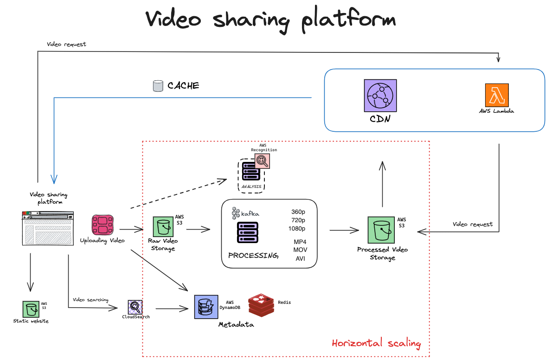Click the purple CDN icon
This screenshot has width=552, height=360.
click(x=380, y=95)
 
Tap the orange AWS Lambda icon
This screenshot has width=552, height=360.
click(x=497, y=95)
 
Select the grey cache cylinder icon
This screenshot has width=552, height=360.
click(x=158, y=86)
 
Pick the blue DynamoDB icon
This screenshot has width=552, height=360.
click(x=206, y=307)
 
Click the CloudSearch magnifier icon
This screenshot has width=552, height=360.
click(x=135, y=307)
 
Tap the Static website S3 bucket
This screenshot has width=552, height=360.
click(x=30, y=309)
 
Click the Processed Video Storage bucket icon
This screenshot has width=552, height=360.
click(x=382, y=230)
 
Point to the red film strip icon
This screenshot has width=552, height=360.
click(x=103, y=225)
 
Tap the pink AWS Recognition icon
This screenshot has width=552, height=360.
click(x=262, y=161)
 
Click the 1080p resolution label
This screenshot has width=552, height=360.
click(x=297, y=228)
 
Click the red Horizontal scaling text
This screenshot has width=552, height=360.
click(x=376, y=343)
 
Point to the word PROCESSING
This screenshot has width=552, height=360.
click(x=253, y=256)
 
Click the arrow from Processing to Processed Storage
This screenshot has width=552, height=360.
click(x=345, y=230)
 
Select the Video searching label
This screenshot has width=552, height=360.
click(x=90, y=300)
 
